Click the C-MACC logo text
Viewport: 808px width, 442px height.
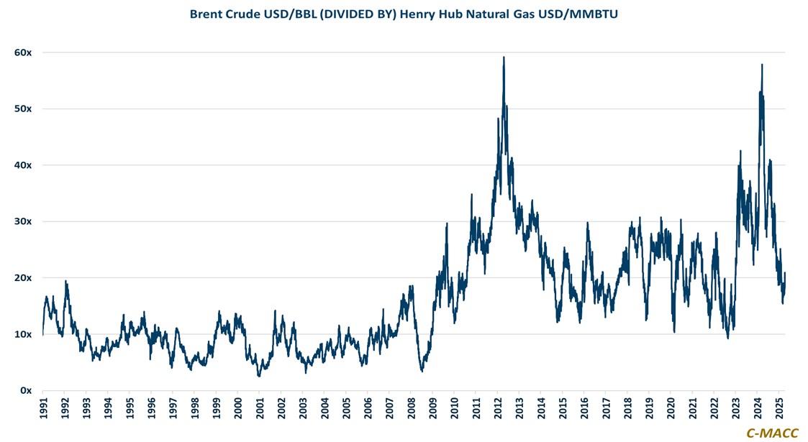click(x=771, y=433)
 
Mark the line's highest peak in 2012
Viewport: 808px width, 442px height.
click(x=504, y=57)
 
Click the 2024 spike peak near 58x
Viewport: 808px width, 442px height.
click(x=762, y=65)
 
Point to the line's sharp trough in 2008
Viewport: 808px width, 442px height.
click(x=422, y=371)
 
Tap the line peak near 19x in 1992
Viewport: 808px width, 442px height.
click(x=65, y=281)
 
